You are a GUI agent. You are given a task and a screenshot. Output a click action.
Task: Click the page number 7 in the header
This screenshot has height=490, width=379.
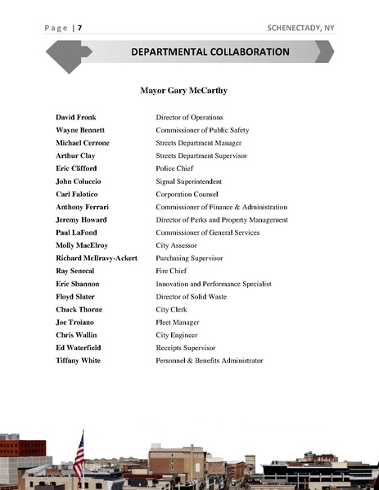tap(79, 28)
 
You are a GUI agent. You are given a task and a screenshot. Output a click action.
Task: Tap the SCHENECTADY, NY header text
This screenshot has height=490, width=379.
tap(300, 28)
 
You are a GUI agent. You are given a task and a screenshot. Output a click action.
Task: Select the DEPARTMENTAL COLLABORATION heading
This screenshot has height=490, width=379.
tap(210, 52)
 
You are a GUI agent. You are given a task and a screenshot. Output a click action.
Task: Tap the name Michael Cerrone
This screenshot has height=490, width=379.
tap(83, 143)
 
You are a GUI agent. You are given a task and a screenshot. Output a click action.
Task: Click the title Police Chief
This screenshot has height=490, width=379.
tap(176, 169)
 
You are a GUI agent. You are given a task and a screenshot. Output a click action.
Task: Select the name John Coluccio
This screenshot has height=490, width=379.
tap(80, 182)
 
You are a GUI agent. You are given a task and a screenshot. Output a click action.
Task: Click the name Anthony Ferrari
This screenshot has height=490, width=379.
tap(83, 207)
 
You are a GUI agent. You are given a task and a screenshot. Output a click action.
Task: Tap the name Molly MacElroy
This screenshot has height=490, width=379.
tap(82, 245)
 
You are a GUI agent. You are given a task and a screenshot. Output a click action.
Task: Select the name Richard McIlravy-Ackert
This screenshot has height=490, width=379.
tap(97, 258)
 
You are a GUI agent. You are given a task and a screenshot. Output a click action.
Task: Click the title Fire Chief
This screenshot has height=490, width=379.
tap(172, 271)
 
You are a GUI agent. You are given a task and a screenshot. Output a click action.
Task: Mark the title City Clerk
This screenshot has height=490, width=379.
tap(174, 309)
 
